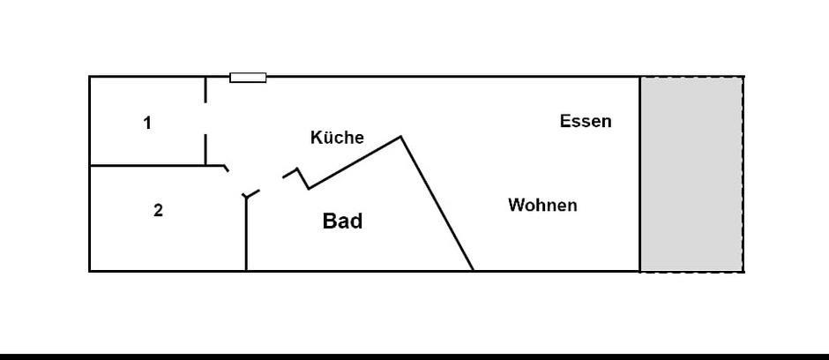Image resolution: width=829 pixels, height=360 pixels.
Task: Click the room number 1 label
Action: pyautogui.click(x=147, y=124)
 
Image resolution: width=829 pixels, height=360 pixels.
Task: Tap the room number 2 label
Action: pyautogui.click(x=158, y=211)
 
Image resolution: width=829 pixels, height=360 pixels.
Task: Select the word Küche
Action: pyautogui.click(x=337, y=138)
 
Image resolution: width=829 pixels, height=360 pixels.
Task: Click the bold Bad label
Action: pyautogui.click(x=342, y=221)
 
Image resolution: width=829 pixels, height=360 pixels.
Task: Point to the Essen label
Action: pyautogui.click(x=586, y=122)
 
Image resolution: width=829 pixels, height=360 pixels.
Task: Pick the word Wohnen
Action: pyautogui.click(x=542, y=206)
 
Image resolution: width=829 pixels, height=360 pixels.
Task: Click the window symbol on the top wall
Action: pyautogui.click(x=248, y=78)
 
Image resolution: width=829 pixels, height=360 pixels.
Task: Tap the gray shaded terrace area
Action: pyautogui.click(x=691, y=174)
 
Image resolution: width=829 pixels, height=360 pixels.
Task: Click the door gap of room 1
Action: pyautogui.click(x=205, y=118)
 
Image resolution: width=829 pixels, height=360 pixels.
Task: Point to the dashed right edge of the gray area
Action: pyautogui.click(x=743, y=174)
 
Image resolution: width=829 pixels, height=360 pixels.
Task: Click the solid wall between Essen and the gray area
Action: pyautogui.click(x=639, y=174)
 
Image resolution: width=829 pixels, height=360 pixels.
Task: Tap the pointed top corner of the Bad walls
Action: pyautogui.click(x=401, y=137)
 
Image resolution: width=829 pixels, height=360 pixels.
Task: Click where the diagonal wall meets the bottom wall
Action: pyautogui.click(x=473, y=270)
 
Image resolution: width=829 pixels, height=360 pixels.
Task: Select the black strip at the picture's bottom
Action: pyautogui.click(x=414, y=356)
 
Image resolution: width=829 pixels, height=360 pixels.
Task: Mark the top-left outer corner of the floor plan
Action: pyautogui.click(x=90, y=77)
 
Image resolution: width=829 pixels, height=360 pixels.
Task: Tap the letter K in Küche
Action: pyautogui.click(x=316, y=138)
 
